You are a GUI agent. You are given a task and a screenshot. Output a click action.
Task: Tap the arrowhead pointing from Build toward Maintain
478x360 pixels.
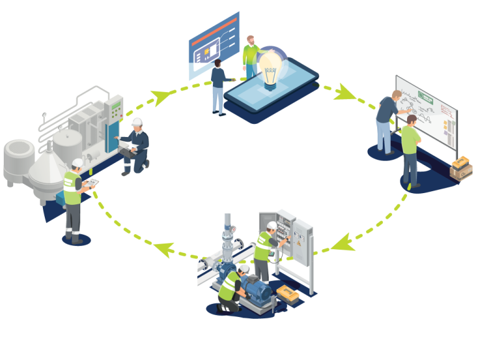[163, 247]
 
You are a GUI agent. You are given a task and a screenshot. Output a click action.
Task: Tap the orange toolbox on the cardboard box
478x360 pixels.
[462, 163]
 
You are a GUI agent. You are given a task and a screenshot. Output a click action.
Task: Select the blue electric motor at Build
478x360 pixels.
[255, 290]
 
